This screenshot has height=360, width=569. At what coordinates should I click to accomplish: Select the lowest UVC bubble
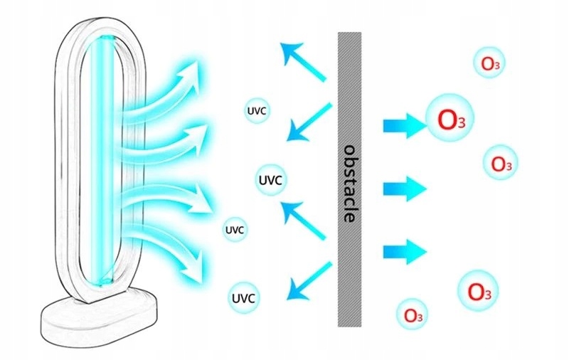click(244, 296)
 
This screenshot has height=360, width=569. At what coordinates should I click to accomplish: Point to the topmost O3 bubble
click(489, 63)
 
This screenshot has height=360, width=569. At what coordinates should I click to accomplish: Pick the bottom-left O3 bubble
click(413, 313)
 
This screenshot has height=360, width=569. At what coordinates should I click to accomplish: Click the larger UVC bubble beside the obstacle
click(272, 180)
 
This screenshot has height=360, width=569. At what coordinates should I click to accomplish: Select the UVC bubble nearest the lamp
click(235, 230)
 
